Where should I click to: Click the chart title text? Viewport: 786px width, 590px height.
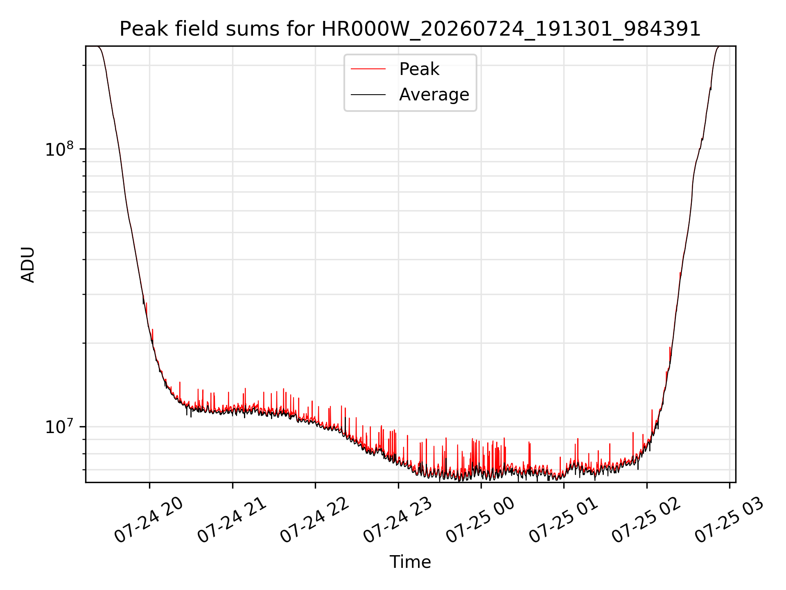click(x=410, y=29)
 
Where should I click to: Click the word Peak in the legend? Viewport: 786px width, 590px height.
click(x=419, y=69)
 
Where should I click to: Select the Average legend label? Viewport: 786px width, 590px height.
click(x=434, y=95)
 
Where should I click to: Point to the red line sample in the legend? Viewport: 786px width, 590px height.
click(x=368, y=69)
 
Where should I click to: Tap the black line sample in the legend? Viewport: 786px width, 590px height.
click(x=368, y=95)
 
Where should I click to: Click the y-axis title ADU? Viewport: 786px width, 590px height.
click(x=28, y=265)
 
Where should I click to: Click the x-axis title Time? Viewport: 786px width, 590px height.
click(x=410, y=562)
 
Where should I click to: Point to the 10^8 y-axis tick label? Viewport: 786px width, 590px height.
click(x=59, y=149)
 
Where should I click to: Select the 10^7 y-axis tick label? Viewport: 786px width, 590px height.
click(x=59, y=427)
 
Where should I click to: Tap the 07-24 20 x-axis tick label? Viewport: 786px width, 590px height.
click(x=148, y=521)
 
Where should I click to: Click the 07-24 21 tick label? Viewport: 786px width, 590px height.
click(x=232, y=521)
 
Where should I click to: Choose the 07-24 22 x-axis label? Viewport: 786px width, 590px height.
click(x=314, y=521)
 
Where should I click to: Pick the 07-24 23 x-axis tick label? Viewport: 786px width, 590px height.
click(x=398, y=521)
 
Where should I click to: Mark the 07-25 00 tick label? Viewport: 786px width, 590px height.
click(x=480, y=521)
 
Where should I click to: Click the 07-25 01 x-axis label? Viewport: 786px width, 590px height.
click(x=563, y=521)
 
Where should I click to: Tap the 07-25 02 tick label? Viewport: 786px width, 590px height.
click(x=646, y=521)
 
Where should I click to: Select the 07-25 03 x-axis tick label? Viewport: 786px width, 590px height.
click(x=729, y=521)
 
